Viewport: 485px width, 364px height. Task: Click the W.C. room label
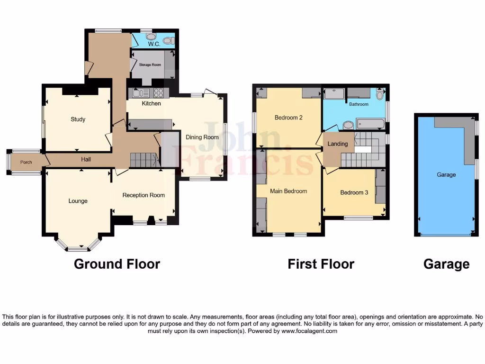[x=154, y=44]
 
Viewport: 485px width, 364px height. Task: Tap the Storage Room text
[x=150, y=64]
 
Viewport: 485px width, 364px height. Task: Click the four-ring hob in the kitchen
[x=158, y=93]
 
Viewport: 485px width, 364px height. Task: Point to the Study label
[x=78, y=119]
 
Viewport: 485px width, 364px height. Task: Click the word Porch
[x=26, y=162]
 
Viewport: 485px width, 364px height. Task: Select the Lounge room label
[x=78, y=201]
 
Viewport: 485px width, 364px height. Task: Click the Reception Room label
[x=144, y=195]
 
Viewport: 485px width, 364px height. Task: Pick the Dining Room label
[x=202, y=137]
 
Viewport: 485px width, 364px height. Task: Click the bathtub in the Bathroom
[x=370, y=124]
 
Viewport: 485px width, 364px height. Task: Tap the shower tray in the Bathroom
[x=334, y=94]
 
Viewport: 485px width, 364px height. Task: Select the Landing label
[x=338, y=144]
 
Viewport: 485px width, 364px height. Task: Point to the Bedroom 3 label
[x=354, y=192]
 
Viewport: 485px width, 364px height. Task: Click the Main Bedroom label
[x=288, y=191]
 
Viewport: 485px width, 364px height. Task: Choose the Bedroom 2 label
[x=288, y=118]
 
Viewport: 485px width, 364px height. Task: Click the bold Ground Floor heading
[x=117, y=264]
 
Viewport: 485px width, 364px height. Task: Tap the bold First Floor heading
[x=321, y=264]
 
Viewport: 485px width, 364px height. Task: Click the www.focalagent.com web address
[x=309, y=331]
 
